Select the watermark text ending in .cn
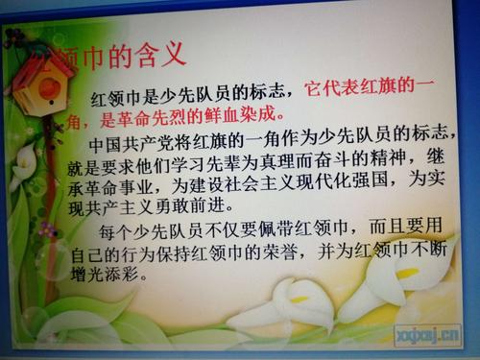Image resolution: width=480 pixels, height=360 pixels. coord(427,333)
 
